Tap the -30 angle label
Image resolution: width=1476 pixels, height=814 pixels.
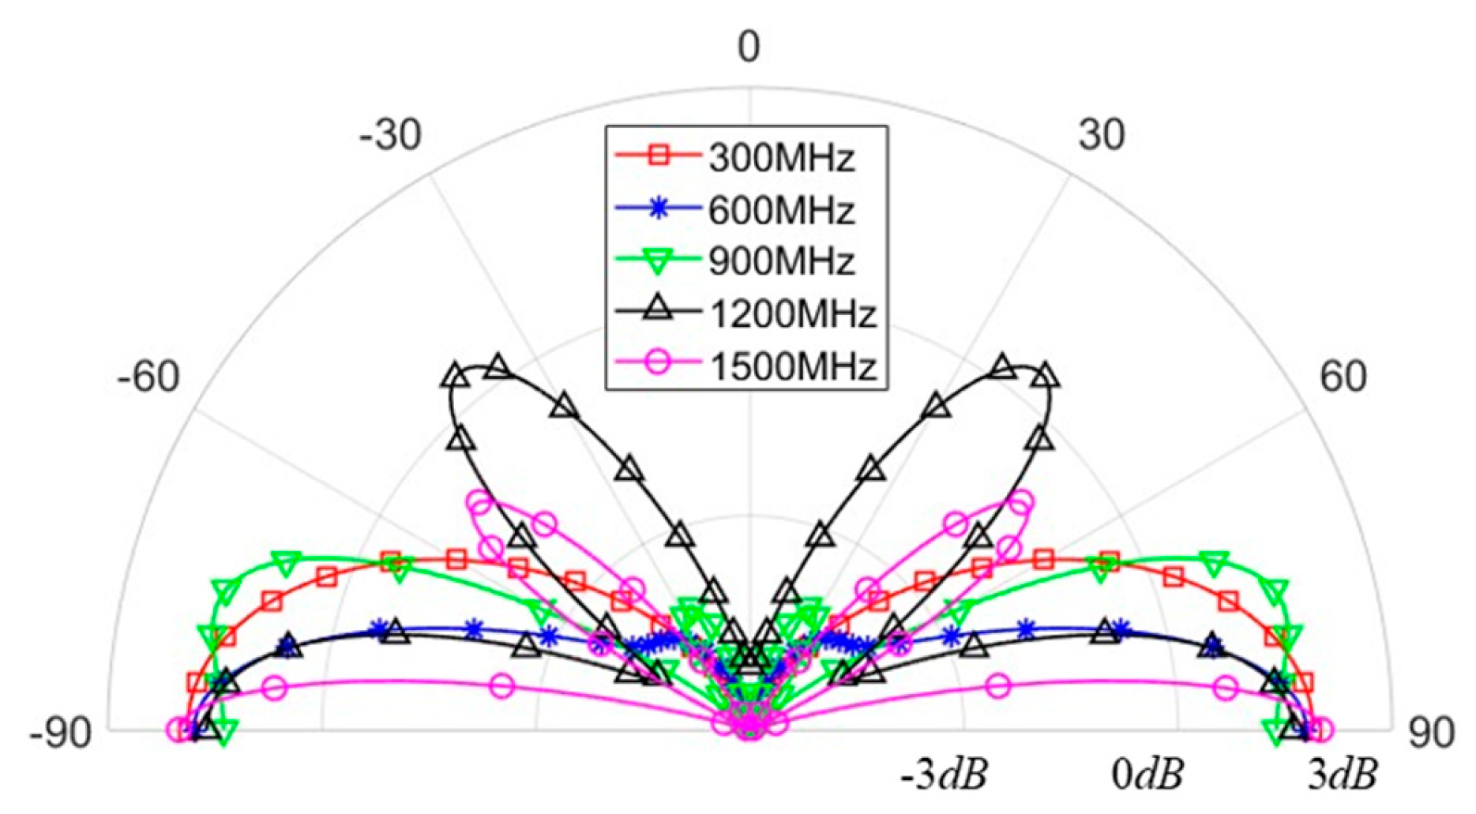(x=391, y=136)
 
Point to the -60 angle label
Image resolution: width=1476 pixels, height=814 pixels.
(x=148, y=377)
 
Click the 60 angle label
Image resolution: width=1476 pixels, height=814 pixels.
(x=1343, y=377)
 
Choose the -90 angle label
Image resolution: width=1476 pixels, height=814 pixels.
(x=60, y=734)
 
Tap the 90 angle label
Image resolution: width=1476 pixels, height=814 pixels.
(x=1431, y=734)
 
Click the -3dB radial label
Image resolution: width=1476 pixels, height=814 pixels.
(x=944, y=776)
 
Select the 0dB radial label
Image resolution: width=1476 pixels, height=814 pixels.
(x=1147, y=776)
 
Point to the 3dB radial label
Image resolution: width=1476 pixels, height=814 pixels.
(x=1343, y=776)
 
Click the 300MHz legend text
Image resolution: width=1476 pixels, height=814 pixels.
(x=781, y=159)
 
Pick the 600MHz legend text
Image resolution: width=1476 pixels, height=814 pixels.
(x=781, y=211)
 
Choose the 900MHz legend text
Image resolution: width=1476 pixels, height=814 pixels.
(x=781, y=262)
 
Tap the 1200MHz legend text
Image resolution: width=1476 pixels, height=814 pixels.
(x=792, y=314)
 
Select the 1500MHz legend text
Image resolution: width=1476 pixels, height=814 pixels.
(x=792, y=366)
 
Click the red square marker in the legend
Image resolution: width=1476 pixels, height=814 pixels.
(x=658, y=156)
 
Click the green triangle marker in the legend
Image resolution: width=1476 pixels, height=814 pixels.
(x=658, y=261)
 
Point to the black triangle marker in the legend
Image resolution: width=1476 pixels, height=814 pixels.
(x=658, y=310)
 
